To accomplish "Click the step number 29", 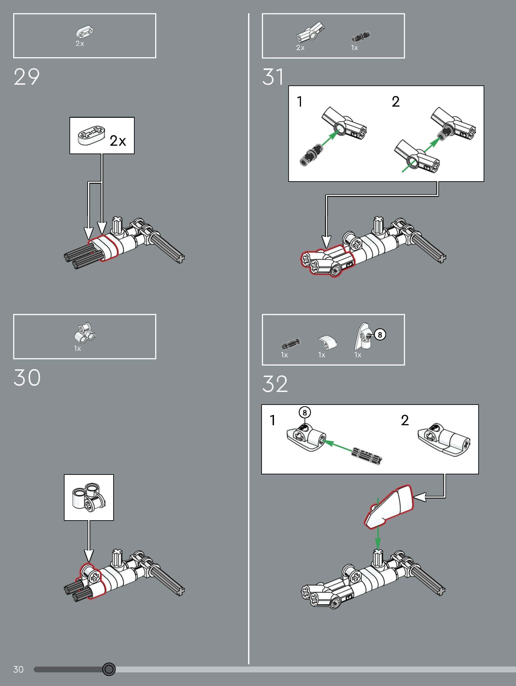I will (x=27, y=77).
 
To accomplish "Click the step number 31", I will (x=273, y=77).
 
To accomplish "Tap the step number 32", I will (x=275, y=384).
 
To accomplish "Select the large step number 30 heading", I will (x=27, y=378).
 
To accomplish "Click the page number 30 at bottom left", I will (x=18, y=669).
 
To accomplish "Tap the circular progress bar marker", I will (x=109, y=669).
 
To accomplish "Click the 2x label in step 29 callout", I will (x=118, y=141).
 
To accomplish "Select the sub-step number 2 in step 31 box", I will (x=395, y=102).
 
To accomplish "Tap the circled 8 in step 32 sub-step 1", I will (x=305, y=412).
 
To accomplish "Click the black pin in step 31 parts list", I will (x=361, y=37).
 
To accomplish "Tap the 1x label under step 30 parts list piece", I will (x=77, y=349).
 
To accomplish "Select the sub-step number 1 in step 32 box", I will (x=272, y=421).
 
